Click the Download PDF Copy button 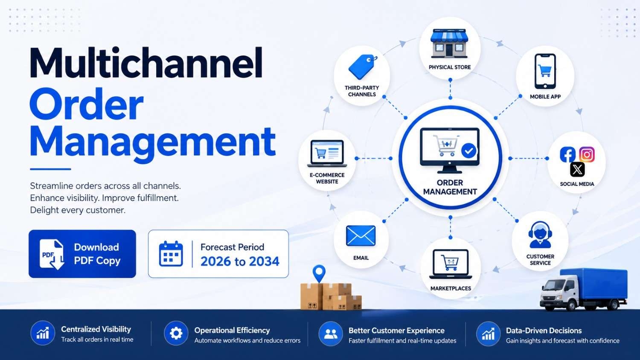(x=82, y=254)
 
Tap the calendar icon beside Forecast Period (x=171, y=254)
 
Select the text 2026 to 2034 (x=240, y=261)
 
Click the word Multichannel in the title (x=146, y=63)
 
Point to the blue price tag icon (x=362, y=67)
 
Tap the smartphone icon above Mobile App (x=545, y=71)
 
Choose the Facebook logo (x=567, y=154)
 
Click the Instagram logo (x=587, y=154)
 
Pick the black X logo (x=577, y=170)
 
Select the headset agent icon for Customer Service (x=540, y=235)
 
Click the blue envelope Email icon (x=361, y=236)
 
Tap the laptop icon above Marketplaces (x=451, y=264)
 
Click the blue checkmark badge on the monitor (x=468, y=151)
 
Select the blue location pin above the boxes (x=319, y=273)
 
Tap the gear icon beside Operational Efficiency (x=176, y=333)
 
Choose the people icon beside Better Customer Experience (x=331, y=334)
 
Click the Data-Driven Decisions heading (x=544, y=331)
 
